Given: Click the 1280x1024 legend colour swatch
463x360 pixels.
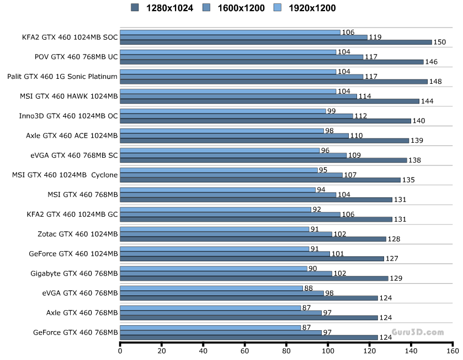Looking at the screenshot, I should click(x=135, y=7).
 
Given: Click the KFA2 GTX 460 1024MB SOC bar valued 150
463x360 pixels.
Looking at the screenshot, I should click(x=275, y=42).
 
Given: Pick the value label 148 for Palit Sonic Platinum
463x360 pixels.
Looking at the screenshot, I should click(x=435, y=82).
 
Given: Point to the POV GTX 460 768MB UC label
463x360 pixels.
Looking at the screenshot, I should click(x=76, y=56).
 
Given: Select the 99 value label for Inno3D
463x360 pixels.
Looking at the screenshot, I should click(x=332, y=111).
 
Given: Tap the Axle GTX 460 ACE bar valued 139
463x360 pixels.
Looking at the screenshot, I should click(x=264, y=141).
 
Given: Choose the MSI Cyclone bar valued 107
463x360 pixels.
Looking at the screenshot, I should click(x=231, y=175).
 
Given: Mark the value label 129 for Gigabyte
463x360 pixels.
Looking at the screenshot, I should click(x=396, y=278).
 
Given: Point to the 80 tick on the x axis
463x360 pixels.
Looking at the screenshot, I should click(x=286, y=350).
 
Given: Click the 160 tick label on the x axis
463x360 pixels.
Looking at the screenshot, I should click(x=452, y=350).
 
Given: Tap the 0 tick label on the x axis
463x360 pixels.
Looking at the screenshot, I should click(x=120, y=350).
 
